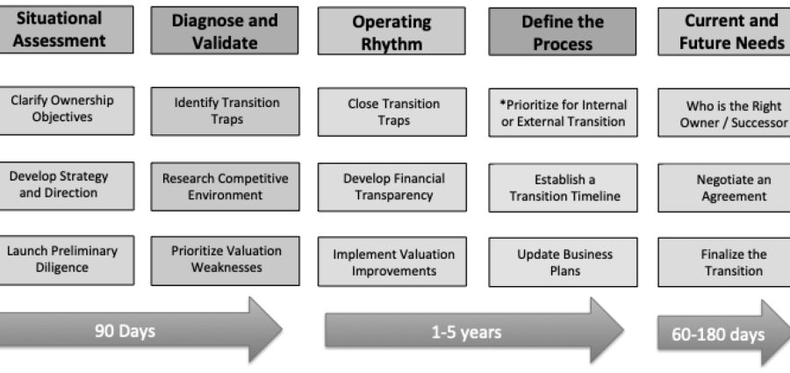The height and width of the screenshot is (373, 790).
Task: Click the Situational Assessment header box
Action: point(67,29)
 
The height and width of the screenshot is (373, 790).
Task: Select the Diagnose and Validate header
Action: point(225,30)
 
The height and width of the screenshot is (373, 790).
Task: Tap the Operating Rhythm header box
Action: point(391,31)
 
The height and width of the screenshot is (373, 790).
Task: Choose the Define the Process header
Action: point(563,32)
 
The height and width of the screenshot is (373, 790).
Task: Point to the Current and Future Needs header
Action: point(724,32)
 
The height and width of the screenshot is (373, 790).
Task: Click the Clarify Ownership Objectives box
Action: point(67,111)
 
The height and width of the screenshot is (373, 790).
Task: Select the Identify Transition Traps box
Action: point(226,111)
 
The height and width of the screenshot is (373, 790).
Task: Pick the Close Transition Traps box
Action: point(392,112)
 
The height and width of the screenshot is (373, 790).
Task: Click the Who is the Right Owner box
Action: point(724,112)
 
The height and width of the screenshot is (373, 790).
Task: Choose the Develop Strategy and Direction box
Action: point(67,185)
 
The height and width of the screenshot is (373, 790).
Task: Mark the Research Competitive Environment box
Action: point(226,186)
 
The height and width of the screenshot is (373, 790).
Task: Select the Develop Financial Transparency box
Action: point(392,187)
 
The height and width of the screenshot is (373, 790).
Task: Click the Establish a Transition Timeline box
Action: point(563,188)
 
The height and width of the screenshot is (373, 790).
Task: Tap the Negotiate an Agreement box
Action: point(724,188)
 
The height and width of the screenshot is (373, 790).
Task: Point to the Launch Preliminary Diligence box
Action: point(67,260)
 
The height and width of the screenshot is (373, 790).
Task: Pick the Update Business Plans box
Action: point(563,262)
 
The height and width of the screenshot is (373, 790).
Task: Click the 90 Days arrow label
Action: point(125,331)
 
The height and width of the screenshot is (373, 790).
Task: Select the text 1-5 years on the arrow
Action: point(467,332)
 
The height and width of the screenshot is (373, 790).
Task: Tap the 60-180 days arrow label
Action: point(718,334)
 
